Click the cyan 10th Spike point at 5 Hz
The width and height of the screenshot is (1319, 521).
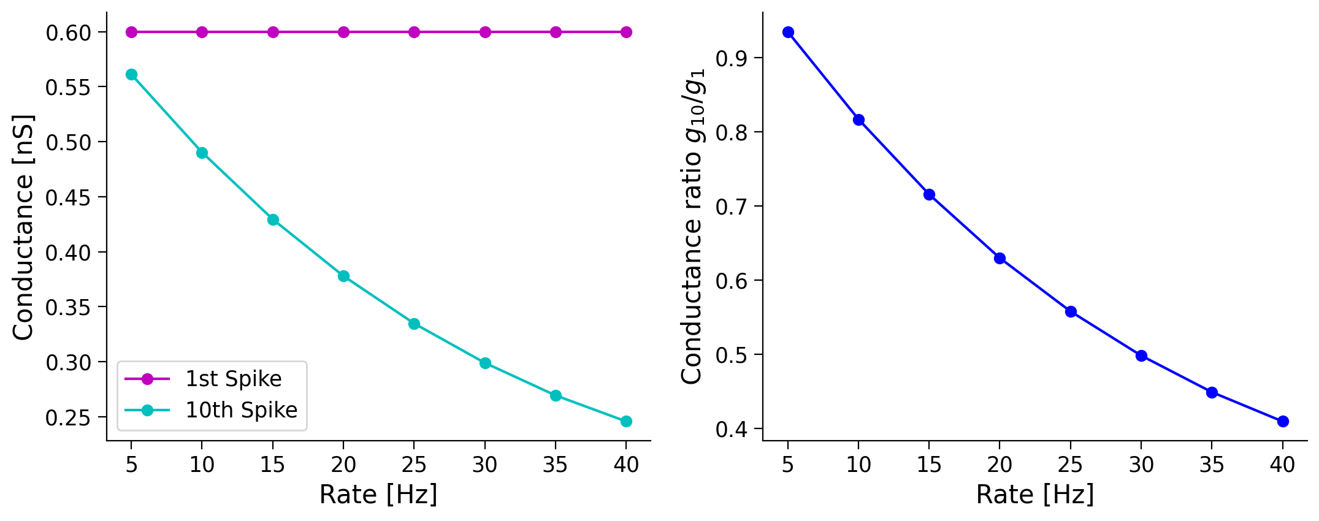(x=131, y=75)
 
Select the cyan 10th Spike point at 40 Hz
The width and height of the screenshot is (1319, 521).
(x=626, y=421)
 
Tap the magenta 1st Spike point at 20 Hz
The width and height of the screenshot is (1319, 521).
(x=343, y=32)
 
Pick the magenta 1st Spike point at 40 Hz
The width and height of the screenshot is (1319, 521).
(x=626, y=32)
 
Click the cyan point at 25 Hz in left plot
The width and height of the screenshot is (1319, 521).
(x=414, y=324)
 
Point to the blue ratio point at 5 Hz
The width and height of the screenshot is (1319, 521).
(x=788, y=32)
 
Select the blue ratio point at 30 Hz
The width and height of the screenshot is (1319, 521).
(x=1141, y=356)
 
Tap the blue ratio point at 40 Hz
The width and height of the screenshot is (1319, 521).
(x=1282, y=421)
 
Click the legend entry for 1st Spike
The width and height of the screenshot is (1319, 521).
(x=233, y=379)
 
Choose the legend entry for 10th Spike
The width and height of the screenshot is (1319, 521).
(x=241, y=410)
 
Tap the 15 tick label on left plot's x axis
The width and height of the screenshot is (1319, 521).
(x=273, y=465)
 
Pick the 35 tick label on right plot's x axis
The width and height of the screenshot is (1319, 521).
(x=1212, y=465)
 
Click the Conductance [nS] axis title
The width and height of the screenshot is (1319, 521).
(x=23, y=227)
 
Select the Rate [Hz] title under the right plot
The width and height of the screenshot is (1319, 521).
(x=1035, y=495)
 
